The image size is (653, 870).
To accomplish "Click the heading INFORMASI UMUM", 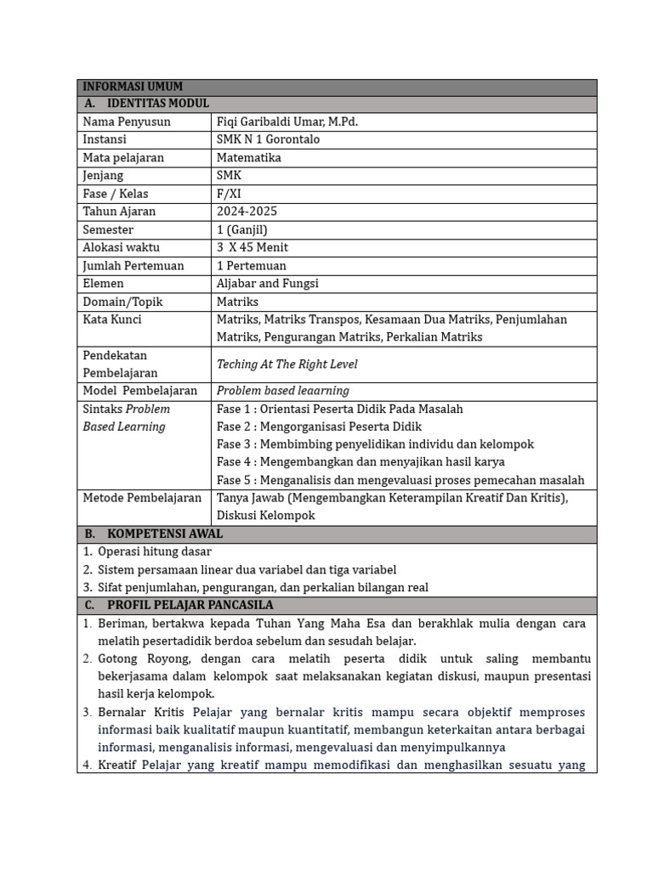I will (133, 87).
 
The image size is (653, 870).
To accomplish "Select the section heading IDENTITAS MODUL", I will (157, 104).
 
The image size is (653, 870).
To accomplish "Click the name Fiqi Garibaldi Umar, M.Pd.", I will (287, 121).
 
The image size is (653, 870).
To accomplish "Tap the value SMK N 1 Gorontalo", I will (268, 139).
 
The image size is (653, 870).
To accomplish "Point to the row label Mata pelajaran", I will (123, 157).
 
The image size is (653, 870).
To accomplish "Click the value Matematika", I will (248, 157).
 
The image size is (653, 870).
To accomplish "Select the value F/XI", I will (229, 194).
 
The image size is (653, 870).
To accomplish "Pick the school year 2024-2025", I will (247, 212).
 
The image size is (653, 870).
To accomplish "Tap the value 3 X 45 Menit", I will (253, 247).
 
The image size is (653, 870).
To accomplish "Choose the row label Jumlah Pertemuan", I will (133, 265).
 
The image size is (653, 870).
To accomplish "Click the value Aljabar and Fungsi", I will (268, 283).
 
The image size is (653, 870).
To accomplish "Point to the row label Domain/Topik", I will (122, 302).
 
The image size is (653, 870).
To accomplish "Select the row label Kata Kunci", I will (112, 319).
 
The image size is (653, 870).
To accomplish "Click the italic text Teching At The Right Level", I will (287, 364).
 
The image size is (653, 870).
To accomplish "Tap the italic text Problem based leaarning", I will (282, 391).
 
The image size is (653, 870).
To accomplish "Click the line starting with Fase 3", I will (375, 444).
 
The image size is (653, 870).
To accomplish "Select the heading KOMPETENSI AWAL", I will (165, 534).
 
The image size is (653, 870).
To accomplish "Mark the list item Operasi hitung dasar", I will (155, 551).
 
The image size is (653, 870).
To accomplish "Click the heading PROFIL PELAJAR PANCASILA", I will (190, 605).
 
